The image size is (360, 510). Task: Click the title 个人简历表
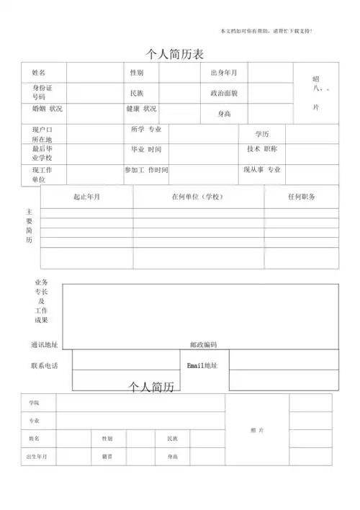coord(176,53)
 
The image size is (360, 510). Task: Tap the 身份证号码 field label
coord(42,91)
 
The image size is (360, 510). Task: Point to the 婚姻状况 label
coord(48,109)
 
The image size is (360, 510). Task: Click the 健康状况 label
coord(141,109)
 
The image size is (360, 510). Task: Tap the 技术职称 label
coord(262,149)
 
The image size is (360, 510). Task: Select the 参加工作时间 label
coord(146,170)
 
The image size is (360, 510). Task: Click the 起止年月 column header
coord(86,197)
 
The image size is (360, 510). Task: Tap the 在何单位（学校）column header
coord(197,197)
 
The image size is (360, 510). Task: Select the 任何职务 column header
coord(301,197)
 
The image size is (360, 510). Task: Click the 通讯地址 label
coord(45,345)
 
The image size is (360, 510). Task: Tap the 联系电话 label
coord(45,366)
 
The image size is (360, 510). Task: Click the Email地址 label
coord(202,366)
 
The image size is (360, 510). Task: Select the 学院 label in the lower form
coord(35,403)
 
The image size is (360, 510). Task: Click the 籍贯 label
coord(107,457)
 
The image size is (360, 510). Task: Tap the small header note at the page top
coord(266,31)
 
